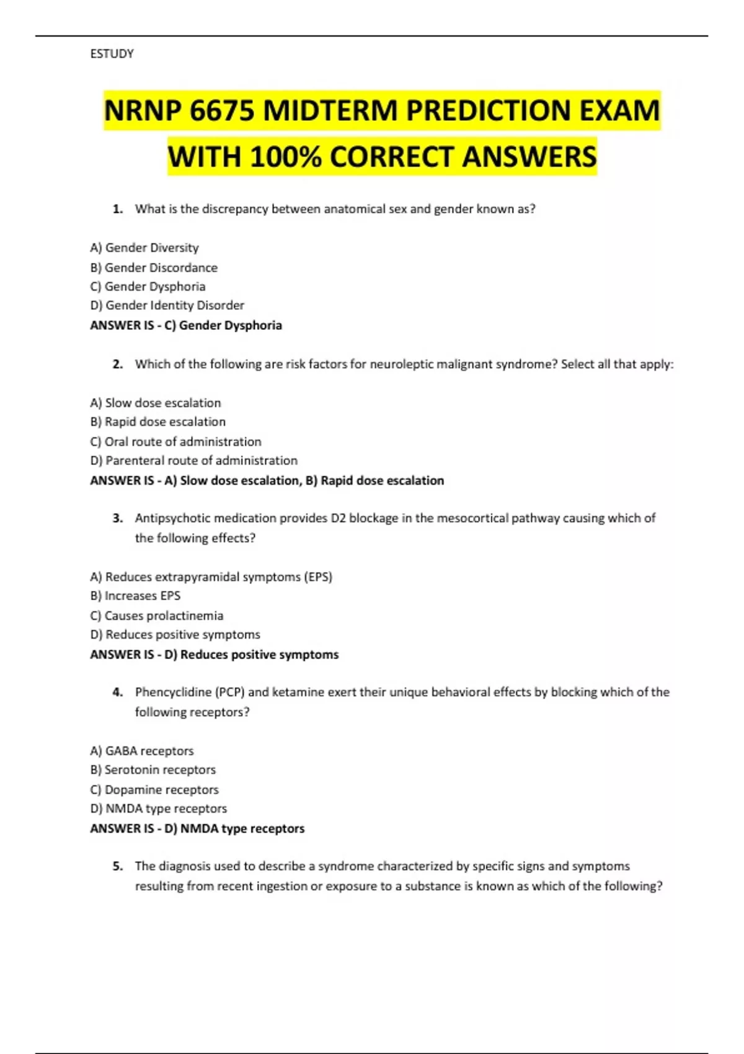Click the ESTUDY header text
112,54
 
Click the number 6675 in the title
222,112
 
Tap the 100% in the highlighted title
286,157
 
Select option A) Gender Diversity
144,248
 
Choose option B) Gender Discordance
154,268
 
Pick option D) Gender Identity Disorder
167,305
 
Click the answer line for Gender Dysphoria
186,325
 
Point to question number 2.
118,365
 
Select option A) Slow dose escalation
155,403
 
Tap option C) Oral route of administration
175,441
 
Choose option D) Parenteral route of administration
193,461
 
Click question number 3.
118,518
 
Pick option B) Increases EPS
135,596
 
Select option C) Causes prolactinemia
156,616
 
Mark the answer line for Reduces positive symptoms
214,655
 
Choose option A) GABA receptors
141,751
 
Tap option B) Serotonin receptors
153,770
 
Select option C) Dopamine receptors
154,790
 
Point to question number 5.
118,866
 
